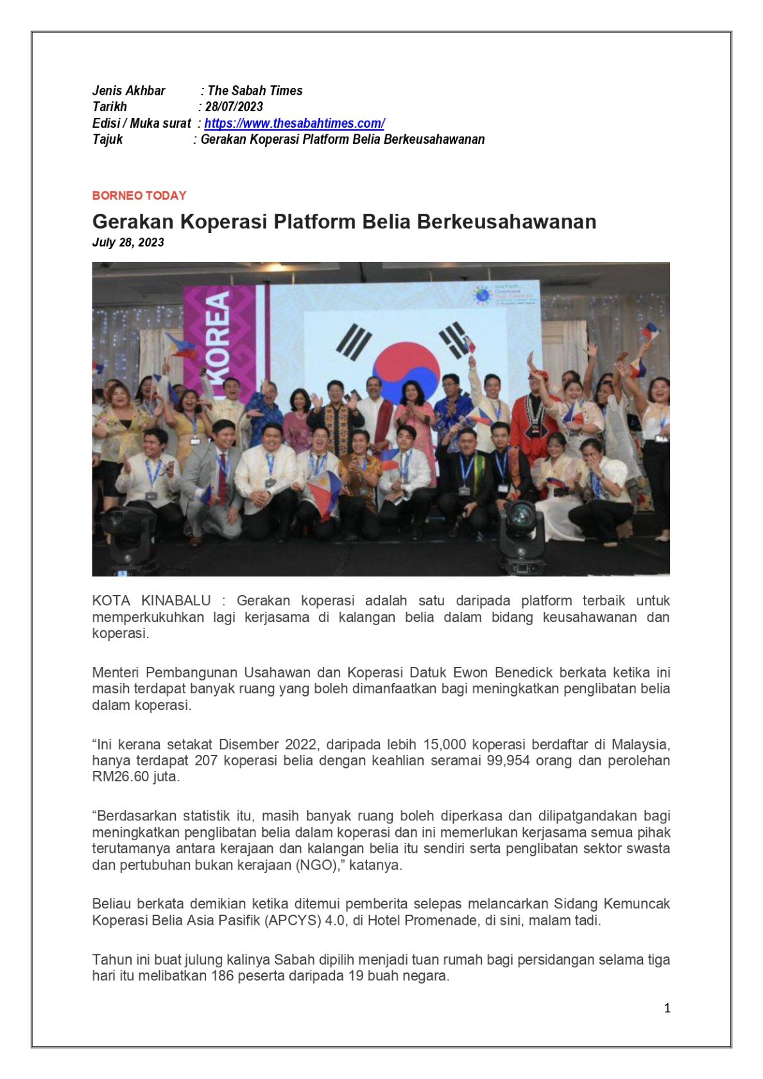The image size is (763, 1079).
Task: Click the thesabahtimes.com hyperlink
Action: (294, 123)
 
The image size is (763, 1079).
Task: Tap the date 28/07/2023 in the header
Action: (234, 107)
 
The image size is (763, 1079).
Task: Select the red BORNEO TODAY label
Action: (139, 195)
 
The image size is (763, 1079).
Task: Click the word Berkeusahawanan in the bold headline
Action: (506, 221)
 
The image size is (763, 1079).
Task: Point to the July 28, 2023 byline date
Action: (128, 242)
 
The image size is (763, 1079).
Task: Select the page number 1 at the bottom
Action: (667, 1008)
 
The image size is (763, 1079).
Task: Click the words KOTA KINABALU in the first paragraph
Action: (151, 601)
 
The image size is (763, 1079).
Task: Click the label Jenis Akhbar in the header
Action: (129, 91)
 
